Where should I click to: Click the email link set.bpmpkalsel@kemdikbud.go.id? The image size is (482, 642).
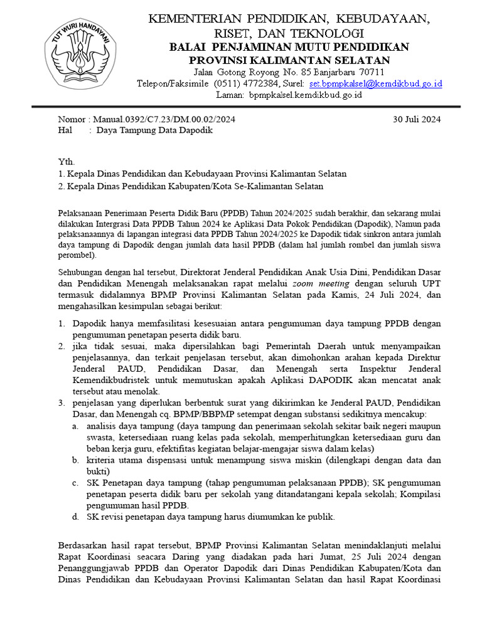tap(376, 83)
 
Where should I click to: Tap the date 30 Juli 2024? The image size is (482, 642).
tap(417, 119)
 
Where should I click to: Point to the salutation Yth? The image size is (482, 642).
tap(66, 162)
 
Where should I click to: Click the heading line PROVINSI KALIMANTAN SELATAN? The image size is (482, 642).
tap(289, 60)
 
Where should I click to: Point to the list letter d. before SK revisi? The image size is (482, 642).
tap(75, 517)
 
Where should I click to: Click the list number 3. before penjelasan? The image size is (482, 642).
tap(62, 403)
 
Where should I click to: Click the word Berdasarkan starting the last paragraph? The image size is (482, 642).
tap(82, 545)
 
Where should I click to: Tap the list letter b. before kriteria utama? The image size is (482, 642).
tap(75, 460)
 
